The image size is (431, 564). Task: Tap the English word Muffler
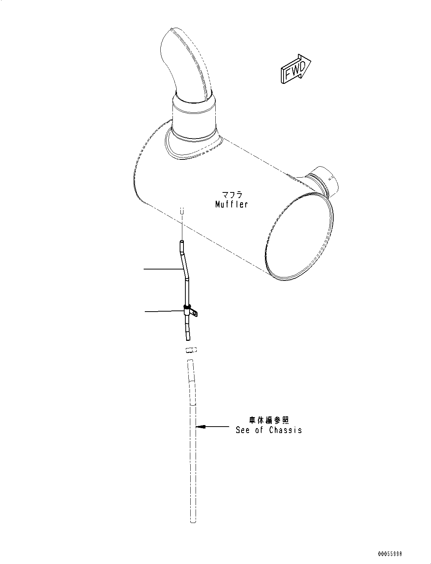pyautogui.click(x=231, y=204)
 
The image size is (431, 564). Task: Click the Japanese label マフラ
pyautogui.click(x=232, y=195)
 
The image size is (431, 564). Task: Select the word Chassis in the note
pyautogui.click(x=285, y=430)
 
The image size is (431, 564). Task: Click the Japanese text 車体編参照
pyautogui.click(x=269, y=420)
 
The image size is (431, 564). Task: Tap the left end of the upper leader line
pyautogui.click(x=144, y=269)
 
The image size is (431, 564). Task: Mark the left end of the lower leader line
pyautogui.click(x=146, y=312)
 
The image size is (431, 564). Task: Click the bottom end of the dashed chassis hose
pyautogui.click(x=193, y=521)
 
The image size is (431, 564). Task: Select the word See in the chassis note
pyautogui.click(x=243, y=430)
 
